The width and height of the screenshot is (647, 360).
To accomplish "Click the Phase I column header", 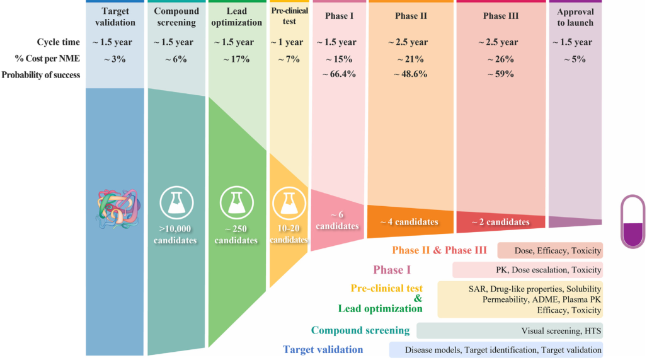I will coord(338,16).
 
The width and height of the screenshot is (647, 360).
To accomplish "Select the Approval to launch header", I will coord(575,16).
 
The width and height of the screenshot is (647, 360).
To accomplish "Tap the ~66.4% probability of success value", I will coord(339,74).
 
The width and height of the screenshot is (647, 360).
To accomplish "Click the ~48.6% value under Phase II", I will coord(410,74).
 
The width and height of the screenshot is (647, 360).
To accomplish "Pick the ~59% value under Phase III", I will coord(500,74).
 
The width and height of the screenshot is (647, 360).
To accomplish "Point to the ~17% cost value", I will coord(236,59).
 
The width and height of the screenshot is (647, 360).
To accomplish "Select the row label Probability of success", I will coord(41,75).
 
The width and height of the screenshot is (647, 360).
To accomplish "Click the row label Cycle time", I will coord(58,42).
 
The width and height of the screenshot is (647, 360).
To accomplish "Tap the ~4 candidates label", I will coord(409,222).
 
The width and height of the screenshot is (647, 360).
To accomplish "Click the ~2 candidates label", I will coord(501,222).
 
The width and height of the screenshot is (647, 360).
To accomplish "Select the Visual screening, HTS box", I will coord(509,330).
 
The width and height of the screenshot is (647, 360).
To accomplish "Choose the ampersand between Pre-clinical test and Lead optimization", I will coord(418,298).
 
